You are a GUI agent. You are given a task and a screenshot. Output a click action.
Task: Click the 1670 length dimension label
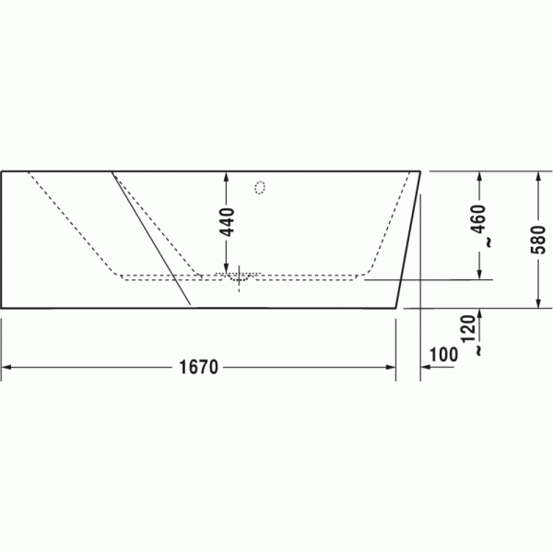pos(199,367)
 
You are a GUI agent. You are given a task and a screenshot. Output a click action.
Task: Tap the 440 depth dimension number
pos(227,222)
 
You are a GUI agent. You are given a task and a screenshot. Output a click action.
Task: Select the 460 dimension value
pos(479,218)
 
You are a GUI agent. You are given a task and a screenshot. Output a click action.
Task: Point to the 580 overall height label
pos(538,240)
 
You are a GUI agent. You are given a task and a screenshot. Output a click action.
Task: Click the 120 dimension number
pos(469,329)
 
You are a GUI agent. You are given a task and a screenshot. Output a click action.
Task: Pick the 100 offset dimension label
pos(443,355)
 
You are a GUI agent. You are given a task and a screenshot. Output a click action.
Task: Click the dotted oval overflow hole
pos(260,188)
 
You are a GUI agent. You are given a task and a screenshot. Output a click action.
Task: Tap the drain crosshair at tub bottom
pos(239,278)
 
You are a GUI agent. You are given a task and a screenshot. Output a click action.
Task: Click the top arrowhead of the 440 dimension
pos(227,176)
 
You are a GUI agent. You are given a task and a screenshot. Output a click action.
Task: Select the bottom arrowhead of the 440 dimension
pos(227,269)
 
